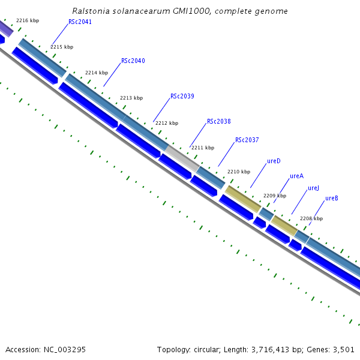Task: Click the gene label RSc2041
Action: (x=80, y=22)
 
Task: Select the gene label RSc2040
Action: (x=133, y=61)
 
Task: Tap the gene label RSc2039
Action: (x=182, y=96)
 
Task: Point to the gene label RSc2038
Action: (x=218, y=121)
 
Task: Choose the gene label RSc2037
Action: (x=247, y=140)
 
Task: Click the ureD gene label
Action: (x=274, y=161)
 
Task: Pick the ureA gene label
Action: (x=296, y=176)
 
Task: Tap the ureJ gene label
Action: (x=313, y=188)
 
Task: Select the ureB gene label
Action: (x=332, y=198)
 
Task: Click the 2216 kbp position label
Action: (x=28, y=20)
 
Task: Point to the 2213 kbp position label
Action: (x=131, y=98)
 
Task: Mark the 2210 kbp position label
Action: (x=238, y=172)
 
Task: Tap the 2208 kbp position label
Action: (x=311, y=218)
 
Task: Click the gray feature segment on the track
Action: (x=182, y=158)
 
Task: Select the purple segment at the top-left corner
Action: (x=5, y=28)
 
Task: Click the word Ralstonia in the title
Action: (x=90, y=11)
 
